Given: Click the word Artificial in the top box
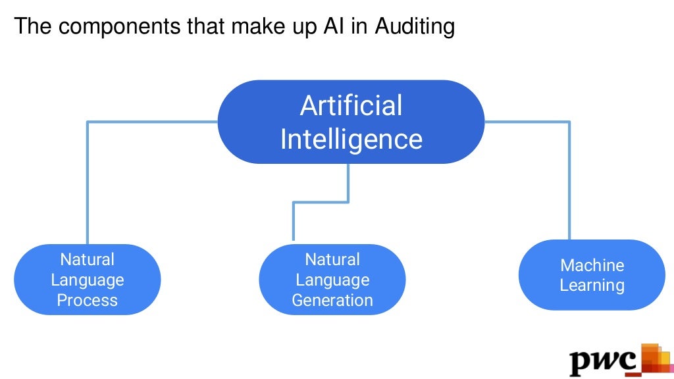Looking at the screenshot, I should (x=351, y=106).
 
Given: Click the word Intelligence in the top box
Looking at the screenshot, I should (x=351, y=139).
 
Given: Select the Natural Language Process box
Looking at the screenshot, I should (x=88, y=280).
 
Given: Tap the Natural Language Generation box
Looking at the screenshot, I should (x=332, y=280).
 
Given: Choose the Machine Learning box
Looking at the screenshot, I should (x=592, y=275).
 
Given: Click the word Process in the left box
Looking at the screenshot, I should (x=88, y=301).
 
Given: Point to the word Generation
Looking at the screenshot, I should (x=332, y=301).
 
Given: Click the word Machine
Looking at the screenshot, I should (x=592, y=265).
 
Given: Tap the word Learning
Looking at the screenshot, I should (x=592, y=286).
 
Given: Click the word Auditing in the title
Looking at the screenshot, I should (x=415, y=27).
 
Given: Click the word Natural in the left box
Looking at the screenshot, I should (x=88, y=259).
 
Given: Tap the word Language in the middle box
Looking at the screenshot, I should (x=332, y=280).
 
